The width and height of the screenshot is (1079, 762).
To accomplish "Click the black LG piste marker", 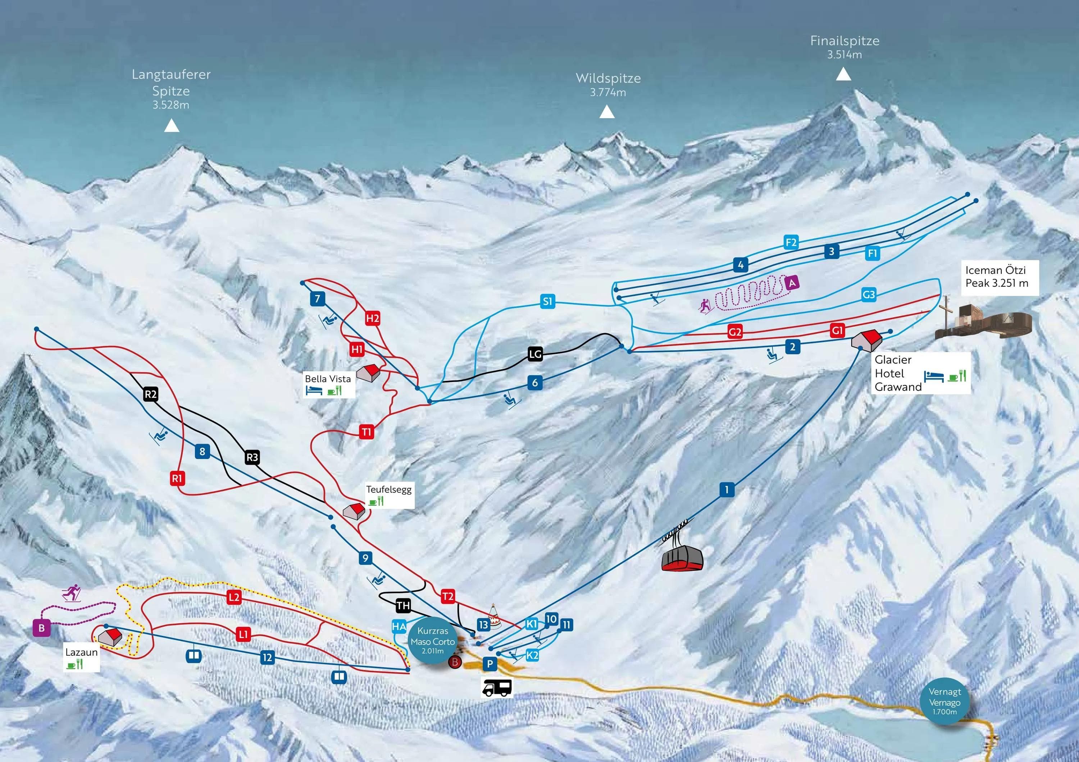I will [535, 354].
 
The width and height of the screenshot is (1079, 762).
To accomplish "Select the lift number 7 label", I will [318, 299].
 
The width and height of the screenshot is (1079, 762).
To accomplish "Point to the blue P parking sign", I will [490, 664].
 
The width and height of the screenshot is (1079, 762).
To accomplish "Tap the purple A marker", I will [792, 283].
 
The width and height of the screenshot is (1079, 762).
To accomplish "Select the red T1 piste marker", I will [367, 432].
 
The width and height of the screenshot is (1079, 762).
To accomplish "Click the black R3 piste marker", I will [252, 457].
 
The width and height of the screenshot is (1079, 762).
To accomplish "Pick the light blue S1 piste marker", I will [547, 301].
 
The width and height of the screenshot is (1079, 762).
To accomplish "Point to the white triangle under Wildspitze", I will [607, 112].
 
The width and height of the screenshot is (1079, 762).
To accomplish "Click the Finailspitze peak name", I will [844, 41].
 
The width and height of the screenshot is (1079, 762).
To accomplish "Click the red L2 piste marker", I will [234, 597].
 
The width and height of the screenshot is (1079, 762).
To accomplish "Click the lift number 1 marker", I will [727, 490].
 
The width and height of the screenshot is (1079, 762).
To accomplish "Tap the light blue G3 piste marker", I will [869, 294].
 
